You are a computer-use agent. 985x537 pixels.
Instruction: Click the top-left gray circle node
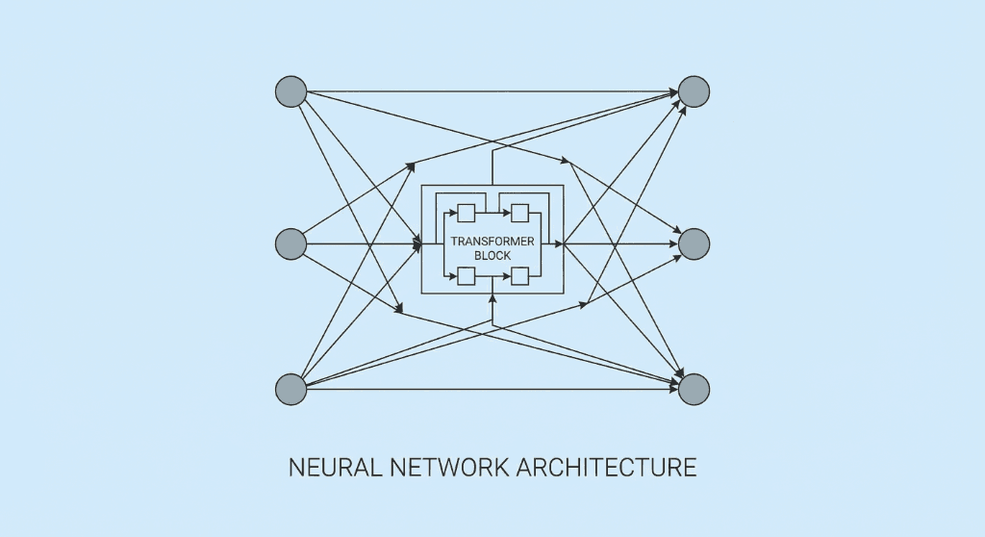[x=290, y=91]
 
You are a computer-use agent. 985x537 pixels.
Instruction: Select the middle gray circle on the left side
[x=290, y=244]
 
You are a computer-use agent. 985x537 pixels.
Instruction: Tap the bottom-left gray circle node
[x=290, y=389]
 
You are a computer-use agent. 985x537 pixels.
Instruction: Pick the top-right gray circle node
[x=694, y=91]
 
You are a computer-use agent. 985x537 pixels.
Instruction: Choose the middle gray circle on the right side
[x=694, y=244]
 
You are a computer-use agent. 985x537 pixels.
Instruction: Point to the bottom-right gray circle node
[x=694, y=389]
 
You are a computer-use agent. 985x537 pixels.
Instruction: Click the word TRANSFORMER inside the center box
[x=492, y=242]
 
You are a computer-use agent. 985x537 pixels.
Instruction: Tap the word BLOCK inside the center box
[x=492, y=256]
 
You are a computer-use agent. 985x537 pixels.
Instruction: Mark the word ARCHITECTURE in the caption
[x=606, y=468]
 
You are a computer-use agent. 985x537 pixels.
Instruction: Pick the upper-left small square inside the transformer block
[x=467, y=213]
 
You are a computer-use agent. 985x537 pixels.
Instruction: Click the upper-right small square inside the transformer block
[x=520, y=213]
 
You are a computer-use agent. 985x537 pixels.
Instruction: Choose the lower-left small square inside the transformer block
[x=467, y=276]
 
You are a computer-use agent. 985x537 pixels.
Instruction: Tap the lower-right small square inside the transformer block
[x=520, y=276]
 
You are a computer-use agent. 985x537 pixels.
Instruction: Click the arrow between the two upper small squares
[x=493, y=213]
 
